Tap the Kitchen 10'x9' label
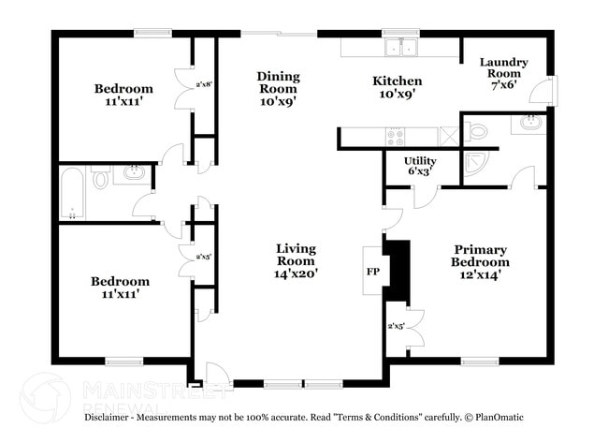pyautogui.click(x=397, y=87)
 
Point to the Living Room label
pyautogui.click(x=296, y=261)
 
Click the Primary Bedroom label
pyautogui.click(x=480, y=262)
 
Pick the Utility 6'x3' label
pyautogui.click(x=419, y=167)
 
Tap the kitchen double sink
pyautogui.click(x=399, y=49)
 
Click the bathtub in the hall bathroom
pyautogui.click(x=72, y=191)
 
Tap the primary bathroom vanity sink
pyautogui.click(x=528, y=123)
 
